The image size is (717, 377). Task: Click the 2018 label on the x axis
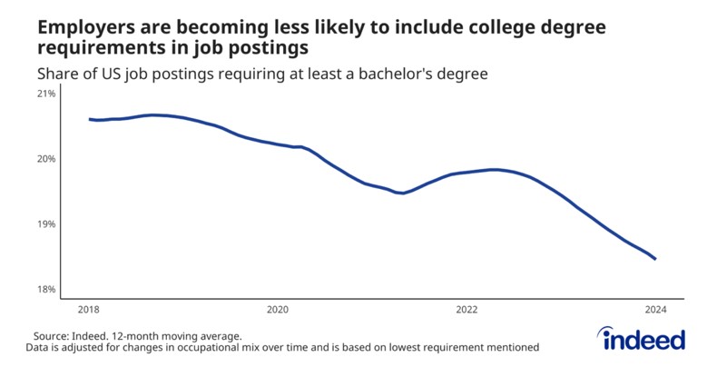click(x=89, y=310)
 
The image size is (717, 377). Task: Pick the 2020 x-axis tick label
click(x=278, y=310)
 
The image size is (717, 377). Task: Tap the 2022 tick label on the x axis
click(x=467, y=310)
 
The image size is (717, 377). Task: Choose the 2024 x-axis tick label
click(x=655, y=310)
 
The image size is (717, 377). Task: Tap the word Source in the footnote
click(x=53, y=335)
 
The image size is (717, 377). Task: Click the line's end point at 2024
click(x=655, y=259)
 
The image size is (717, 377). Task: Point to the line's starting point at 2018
click(x=90, y=119)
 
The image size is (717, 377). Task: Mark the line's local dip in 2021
click(x=401, y=193)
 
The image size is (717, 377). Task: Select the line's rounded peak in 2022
click(x=493, y=170)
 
